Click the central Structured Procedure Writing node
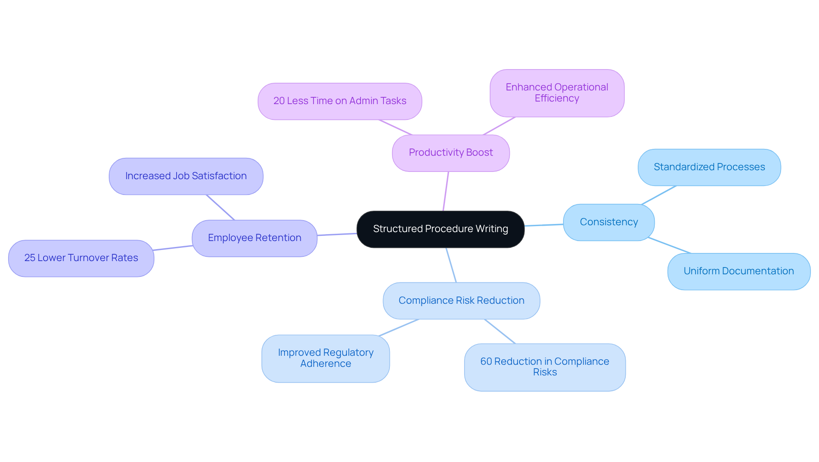440,229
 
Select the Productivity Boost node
450,153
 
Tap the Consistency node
609,222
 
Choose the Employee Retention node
254,238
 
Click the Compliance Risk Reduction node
461,301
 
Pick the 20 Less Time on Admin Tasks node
340,101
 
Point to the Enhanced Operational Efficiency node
557,93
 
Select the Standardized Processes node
709,167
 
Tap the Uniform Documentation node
738,271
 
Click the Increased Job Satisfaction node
186,176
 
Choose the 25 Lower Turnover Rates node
81,258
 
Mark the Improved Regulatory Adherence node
325,358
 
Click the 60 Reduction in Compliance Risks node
544,367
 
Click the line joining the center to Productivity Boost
446,191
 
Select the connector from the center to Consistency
544,225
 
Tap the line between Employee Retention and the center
337,234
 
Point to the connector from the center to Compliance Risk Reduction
451,265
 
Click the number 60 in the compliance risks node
486,362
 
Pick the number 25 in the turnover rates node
29,258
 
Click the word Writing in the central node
492,229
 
